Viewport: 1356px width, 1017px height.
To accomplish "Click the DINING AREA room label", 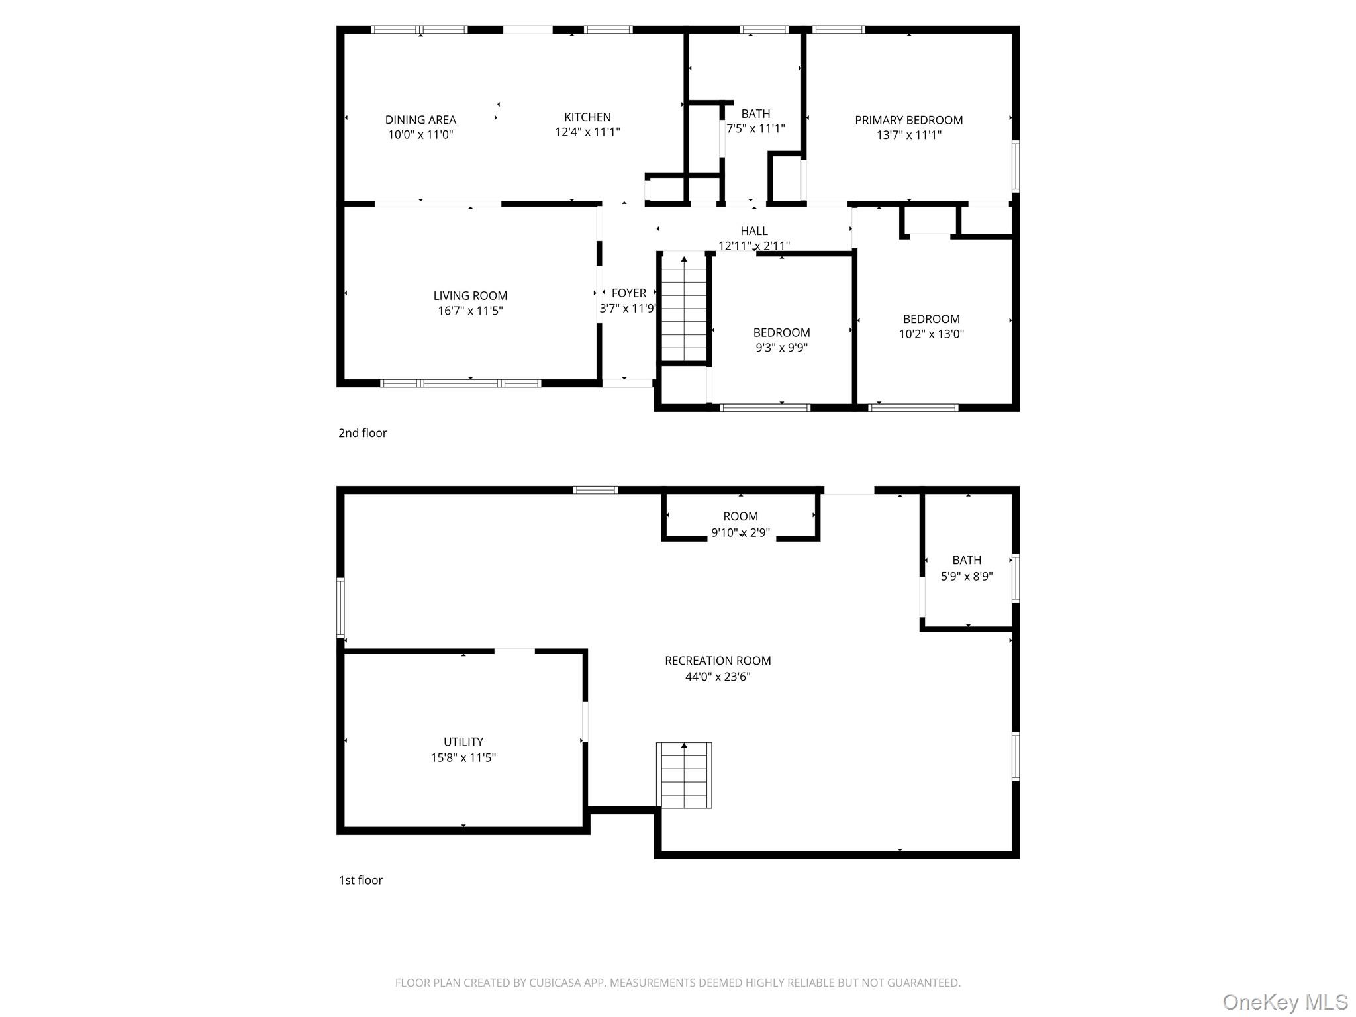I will [x=420, y=120].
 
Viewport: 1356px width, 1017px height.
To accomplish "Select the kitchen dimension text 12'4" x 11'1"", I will [x=587, y=132].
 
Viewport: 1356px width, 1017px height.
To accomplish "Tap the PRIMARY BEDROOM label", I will [x=908, y=120].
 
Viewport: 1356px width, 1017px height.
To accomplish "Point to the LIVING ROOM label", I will [x=470, y=296].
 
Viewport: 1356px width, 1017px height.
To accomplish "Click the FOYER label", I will [x=628, y=293].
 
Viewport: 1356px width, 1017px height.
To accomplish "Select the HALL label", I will [x=753, y=231].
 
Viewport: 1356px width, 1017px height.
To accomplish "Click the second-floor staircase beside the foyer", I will [x=685, y=308].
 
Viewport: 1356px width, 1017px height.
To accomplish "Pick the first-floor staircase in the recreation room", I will [x=684, y=775].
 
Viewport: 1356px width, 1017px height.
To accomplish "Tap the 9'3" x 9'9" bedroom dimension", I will [x=781, y=348].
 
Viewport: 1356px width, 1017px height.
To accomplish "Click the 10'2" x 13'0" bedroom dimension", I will [x=931, y=334].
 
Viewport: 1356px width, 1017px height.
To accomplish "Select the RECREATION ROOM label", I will [x=718, y=661].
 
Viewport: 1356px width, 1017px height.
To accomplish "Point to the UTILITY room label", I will [x=463, y=742].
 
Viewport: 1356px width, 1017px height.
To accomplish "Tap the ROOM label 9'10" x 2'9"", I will [x=740, y=516].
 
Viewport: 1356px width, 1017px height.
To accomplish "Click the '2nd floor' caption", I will [x=362, y=433].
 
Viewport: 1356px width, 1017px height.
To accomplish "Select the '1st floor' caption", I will [x=361, y=880].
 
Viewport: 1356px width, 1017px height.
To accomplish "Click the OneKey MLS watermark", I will [x=1284, y=1002].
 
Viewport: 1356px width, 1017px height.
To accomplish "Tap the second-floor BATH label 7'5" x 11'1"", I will [x=755, y=114].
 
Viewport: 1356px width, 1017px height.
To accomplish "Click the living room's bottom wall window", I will [x=461, y=383].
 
